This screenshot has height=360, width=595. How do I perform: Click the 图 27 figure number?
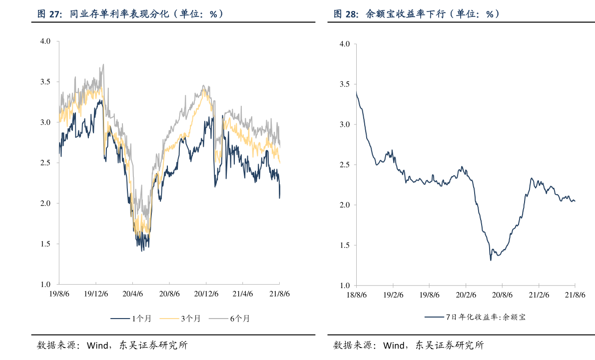[x=50, y=14]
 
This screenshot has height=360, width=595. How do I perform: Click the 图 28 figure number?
[x=346, y=14]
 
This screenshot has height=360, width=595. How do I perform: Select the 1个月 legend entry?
[x=131, y=319]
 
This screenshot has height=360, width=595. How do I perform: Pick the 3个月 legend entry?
[x=180, y=319]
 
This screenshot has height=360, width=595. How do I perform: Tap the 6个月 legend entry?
[x=229, y=319]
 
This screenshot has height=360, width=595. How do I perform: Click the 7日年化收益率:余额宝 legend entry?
[x=475, y=317]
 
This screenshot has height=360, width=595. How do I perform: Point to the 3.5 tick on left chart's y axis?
[x=45, y=81]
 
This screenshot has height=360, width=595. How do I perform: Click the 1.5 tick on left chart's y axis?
[x=45, y=244]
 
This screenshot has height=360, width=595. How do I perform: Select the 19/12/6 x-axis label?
[x=95, y=294]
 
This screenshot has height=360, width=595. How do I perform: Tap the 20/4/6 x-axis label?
[x=132, y=294]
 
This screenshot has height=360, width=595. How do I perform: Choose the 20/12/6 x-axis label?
[x=206, y=294]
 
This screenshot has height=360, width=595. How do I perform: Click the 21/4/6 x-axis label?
[x=242, y=294]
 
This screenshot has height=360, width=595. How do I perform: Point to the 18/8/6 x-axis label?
[x=356, y=295]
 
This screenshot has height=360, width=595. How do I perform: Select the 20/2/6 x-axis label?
[x=466, y=295]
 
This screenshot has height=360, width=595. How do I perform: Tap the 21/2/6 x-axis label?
[x=539, y=295]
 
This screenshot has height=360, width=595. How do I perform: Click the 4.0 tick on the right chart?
[x=345, y=44]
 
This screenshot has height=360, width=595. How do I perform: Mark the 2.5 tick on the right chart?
[x=345, y=165]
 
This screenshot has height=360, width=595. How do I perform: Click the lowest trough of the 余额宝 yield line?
[x=491, y=260]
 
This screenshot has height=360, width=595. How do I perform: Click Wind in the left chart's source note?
[x=97, y=345]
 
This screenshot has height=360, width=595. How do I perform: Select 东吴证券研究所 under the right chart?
[x=450, y=345]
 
